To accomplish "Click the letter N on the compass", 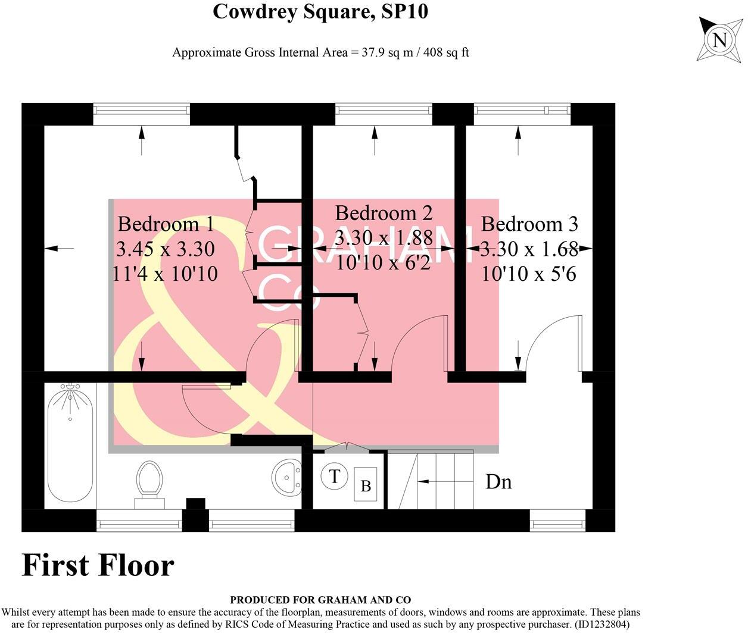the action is click(x=719, y=40).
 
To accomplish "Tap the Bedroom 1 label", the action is click(x=166, y=224).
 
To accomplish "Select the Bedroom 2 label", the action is click(x=384, y=212).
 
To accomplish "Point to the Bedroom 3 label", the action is click(x=529, y=224).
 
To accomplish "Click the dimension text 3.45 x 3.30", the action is click(x=166, y=249).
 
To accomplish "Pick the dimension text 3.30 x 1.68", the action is click(x=529, y=249).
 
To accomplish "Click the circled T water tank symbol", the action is click(x=335, y=476).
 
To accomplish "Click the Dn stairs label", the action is click(x=498, y=481).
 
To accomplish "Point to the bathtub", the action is click(x=70, y=443).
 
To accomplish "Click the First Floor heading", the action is click(x=98, y=565).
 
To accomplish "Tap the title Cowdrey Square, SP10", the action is click(x=320, y=11).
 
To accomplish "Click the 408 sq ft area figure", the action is click(x=448, y=52).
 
